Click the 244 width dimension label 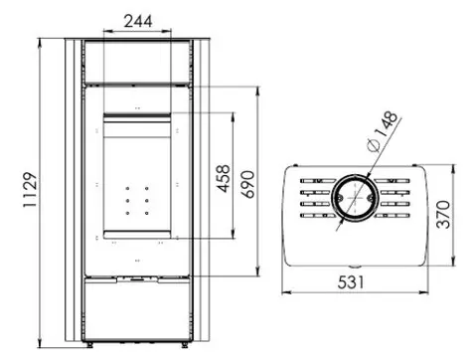[x=138, y=21]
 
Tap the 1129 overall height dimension [x=30, y=190]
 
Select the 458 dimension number [x=223, y=178]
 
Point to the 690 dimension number [x=247, y=184]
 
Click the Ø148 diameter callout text [x=383, y=130]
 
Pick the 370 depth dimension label [x=443, y=214]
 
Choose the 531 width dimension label [x=351, y=282]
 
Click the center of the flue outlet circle [x=355, y=198]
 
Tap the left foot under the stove [x=89, y=345]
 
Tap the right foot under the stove [x=184, y=345]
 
